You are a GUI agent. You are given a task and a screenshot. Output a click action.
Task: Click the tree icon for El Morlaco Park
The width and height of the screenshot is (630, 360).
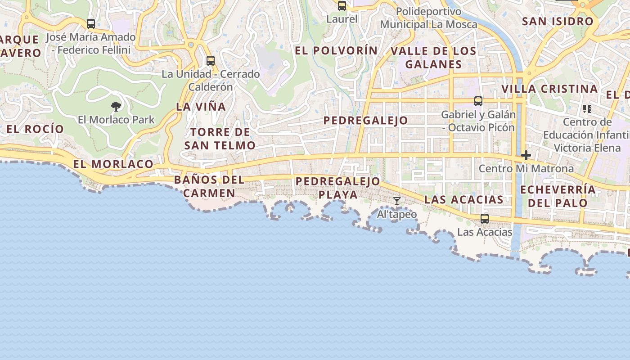pos(116,107)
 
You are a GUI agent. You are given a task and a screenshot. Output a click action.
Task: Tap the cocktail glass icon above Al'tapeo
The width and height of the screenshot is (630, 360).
pos(396,201)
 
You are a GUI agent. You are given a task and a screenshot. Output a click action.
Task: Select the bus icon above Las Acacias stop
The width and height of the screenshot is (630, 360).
pos(485,219)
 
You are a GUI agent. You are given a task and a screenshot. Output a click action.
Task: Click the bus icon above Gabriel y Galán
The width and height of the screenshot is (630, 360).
pos(478,101)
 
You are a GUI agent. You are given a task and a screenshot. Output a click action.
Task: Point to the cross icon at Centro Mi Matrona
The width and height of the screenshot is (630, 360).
pos(526,156)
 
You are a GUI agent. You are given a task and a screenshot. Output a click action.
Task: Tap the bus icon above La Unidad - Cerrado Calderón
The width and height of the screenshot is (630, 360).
pos(210,60)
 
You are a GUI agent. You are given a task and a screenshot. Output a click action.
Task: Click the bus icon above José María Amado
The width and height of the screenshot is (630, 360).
pos(91,23)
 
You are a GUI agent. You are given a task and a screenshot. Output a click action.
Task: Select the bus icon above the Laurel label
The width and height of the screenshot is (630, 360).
pos(342,6)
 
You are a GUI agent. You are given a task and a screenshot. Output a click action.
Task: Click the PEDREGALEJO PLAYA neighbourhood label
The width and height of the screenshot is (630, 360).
pos(338,188)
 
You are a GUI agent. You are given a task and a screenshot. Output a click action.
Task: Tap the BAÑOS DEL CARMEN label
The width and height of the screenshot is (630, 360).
pos(209,186)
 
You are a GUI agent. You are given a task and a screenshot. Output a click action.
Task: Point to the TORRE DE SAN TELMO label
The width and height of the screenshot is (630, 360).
pos(220,139)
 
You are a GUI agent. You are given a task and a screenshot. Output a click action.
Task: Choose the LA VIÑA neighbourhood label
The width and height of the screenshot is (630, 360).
pos(201,107)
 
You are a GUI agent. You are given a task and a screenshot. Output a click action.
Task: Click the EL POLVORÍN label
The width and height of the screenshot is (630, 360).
pos(336,51)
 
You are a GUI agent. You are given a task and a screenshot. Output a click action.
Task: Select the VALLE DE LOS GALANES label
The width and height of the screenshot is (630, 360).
pos(433,58)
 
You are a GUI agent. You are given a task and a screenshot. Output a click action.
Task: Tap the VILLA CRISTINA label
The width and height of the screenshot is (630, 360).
pos(549,89)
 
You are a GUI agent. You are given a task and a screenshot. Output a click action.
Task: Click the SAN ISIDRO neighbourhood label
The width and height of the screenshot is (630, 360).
pos(558,21)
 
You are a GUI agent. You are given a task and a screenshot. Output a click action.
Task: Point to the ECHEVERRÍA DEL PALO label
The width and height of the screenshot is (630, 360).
pos(558,196)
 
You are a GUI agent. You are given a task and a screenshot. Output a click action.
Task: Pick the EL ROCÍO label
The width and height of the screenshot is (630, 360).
pos(35,129)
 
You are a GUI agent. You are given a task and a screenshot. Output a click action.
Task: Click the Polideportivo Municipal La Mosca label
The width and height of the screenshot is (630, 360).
pos(428,18)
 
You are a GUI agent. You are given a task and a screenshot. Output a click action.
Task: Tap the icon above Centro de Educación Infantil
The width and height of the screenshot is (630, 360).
pos(587,108)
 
